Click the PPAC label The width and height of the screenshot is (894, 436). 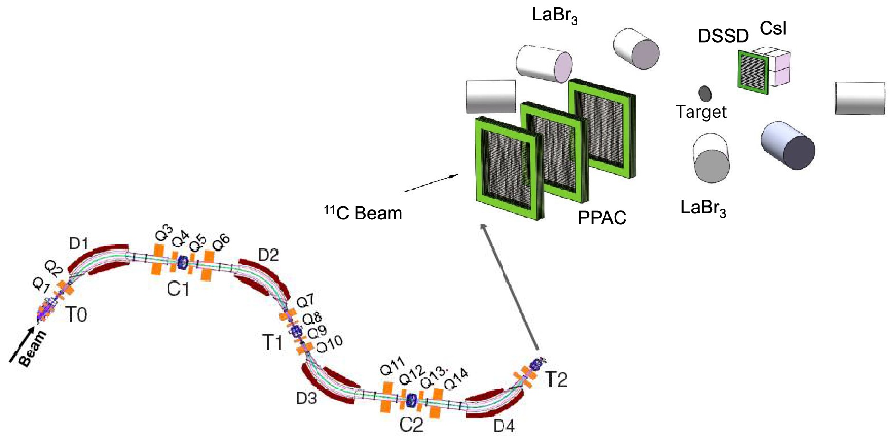pos(602,218)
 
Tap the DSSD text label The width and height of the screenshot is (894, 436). pos(723,36)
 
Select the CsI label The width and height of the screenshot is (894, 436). pos(773,28)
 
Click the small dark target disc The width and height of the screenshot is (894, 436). pos(705,94)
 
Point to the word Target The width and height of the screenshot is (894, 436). pos(701,112)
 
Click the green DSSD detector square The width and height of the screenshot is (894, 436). pos(753,72)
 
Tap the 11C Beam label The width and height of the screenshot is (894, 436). pos(363,213)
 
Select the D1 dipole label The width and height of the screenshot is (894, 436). pos(79,244)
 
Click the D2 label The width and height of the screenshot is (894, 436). pos(268,255)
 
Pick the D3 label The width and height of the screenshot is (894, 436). pos(306,398)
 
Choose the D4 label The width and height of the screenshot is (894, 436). pos(504,426)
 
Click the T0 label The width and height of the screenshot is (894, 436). pos(76,314)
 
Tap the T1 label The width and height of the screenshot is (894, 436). pos(272,342)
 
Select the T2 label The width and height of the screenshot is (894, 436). pos(556,379)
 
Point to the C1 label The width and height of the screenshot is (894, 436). pos(178,288)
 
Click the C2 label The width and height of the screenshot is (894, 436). pos(411,424)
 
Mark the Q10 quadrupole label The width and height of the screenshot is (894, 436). pos(329,344)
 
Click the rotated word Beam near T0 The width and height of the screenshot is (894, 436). pos(33,349)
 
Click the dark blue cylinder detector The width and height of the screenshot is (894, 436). pos(787,145)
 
